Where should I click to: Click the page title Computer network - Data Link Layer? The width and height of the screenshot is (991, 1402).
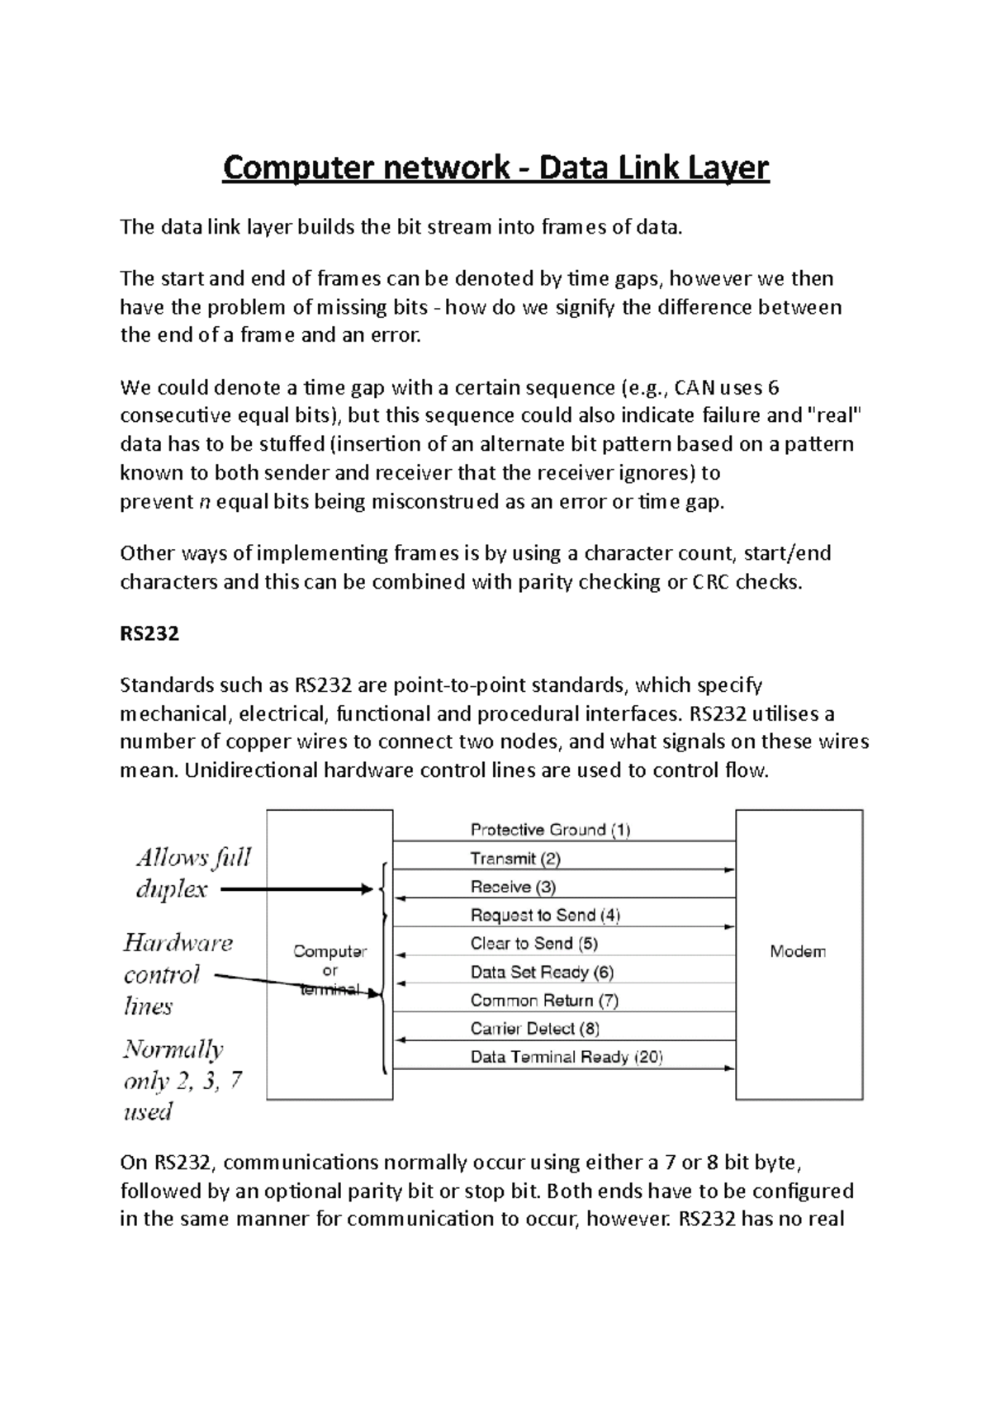(x=495, y=168)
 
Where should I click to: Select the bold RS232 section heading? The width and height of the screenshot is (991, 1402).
(x=149, y=634)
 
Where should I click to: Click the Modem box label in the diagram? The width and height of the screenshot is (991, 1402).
(x=798, y=951)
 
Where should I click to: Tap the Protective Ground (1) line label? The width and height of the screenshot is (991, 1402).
(x=550, y=830)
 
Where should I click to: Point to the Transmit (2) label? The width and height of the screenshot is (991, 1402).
(x=515, y=859)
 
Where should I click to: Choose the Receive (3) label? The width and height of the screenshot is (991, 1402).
(x=513, y=887)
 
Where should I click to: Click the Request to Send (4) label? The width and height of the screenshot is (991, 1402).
(x=545, y=915)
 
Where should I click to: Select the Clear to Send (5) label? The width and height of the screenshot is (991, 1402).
(x=534, y=943)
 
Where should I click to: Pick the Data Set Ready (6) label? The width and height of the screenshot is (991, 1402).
(x=542, y=972)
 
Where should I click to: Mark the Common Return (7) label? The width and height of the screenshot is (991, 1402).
(x=544, y=1000)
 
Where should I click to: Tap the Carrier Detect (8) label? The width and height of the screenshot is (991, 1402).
(x=534, y=1028)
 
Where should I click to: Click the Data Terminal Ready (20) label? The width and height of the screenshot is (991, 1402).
(x=567, y=1057)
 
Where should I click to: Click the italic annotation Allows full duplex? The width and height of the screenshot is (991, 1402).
(x=192, y=873)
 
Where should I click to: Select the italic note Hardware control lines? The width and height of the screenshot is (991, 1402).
(x=178, y=974)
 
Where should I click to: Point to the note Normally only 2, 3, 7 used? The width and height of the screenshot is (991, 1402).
(x=182, y=1080)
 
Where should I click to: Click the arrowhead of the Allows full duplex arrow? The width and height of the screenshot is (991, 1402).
(x=369, y=889)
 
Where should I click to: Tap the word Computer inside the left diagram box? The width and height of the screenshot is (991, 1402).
(x=330, y=951)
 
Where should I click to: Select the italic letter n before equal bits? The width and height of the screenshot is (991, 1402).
(x=206, y=502)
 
